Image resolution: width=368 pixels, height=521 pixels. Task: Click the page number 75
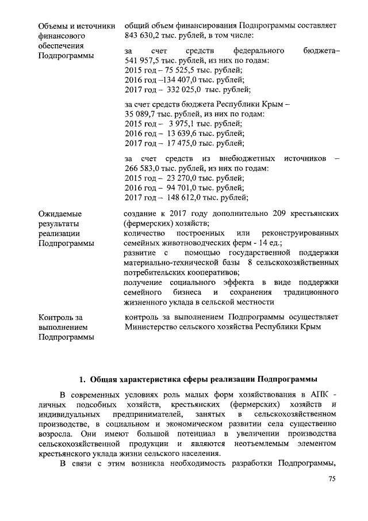(331, 478)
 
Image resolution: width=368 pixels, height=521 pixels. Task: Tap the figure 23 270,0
(180, 178)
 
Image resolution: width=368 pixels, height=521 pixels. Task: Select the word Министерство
(151, 327)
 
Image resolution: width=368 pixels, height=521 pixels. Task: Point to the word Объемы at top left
(52, 26)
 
